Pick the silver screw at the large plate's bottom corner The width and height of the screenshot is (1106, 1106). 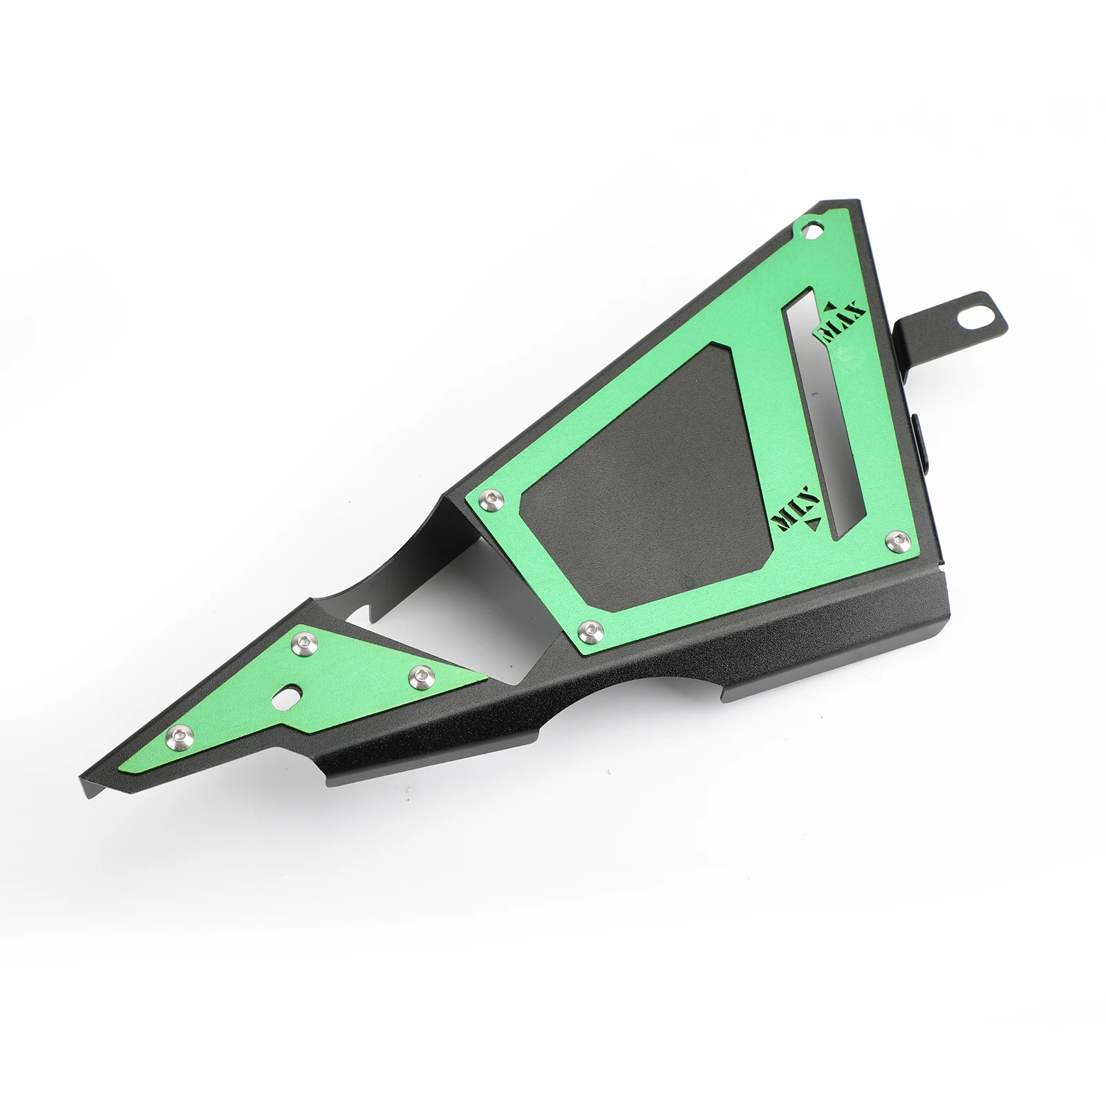click(589, 628)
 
